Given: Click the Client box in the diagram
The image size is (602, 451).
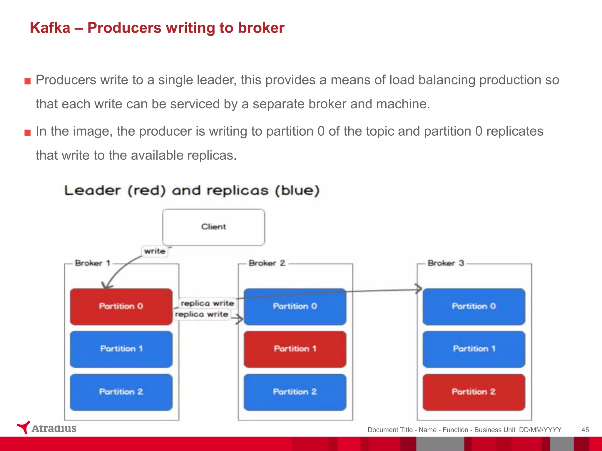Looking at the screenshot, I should (213, 227).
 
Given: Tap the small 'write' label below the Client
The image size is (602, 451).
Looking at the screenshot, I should (155, 251).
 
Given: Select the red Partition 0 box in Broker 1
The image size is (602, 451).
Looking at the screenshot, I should (121, 307).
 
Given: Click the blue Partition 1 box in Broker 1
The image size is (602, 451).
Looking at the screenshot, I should (121, 349).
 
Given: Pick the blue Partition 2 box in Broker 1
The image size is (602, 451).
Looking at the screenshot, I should (121, 392).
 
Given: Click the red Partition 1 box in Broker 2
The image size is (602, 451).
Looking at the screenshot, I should (295, 349).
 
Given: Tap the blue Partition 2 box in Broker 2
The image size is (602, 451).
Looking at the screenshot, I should (295, 392).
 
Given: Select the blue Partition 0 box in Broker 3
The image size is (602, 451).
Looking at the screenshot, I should (474, 307).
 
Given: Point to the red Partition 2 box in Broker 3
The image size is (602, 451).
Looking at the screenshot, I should (474, 392).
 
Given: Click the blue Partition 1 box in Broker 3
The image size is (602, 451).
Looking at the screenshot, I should (474, 349).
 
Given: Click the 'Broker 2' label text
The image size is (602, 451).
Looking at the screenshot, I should (267, 263).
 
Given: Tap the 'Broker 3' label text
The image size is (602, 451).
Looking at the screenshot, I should (446, 263).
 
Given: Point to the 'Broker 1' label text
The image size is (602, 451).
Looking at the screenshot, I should (93, 263).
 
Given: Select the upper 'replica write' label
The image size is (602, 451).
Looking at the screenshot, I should (207, 303).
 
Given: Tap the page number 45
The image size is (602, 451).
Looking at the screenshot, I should (585, 430).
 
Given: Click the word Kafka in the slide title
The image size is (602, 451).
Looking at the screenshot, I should (50, 28).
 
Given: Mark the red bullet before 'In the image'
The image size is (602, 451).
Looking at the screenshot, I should (28, 132).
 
